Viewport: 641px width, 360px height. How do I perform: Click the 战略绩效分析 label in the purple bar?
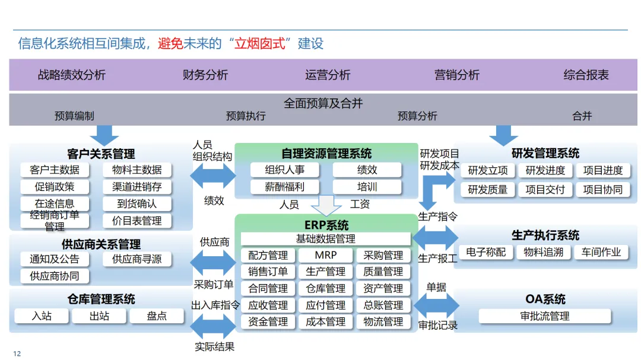(x=72, y=75)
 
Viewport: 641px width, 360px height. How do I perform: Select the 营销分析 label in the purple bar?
(x=456, y=75)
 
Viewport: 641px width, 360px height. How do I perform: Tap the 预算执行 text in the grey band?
(x=246, y=116)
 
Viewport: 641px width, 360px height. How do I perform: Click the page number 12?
(x=17, y=353)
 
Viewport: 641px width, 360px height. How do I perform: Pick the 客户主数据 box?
(x=55, y=170)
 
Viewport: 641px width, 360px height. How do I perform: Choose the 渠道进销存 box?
(x=137, y=186)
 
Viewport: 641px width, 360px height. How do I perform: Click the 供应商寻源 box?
(x=137, y=259)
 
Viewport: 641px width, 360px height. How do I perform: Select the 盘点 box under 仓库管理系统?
(x=157, y=316)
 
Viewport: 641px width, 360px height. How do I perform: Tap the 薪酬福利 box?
(x=284, y=186)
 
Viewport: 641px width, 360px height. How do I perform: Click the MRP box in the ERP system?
(x=325, y=255)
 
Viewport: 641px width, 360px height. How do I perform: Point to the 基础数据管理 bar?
(x=325, y=239)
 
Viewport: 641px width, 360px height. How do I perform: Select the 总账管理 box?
(x=383, y=305)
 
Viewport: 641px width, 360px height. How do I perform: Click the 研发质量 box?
(x=488, y=189)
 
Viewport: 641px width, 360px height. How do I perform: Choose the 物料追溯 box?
(x=543, y=252)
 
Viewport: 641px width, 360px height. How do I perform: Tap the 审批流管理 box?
(x=544, y=316)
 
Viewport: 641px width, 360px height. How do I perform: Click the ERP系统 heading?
(x=326, y=225)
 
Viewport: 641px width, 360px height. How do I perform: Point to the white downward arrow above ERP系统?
(x=326, y=205)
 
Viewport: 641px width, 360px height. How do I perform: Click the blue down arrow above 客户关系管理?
(x=104, y=134)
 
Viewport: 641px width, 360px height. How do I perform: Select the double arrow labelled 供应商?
(x=212, y=261)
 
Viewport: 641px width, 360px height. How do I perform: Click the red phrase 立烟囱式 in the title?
(x=260, y=43)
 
